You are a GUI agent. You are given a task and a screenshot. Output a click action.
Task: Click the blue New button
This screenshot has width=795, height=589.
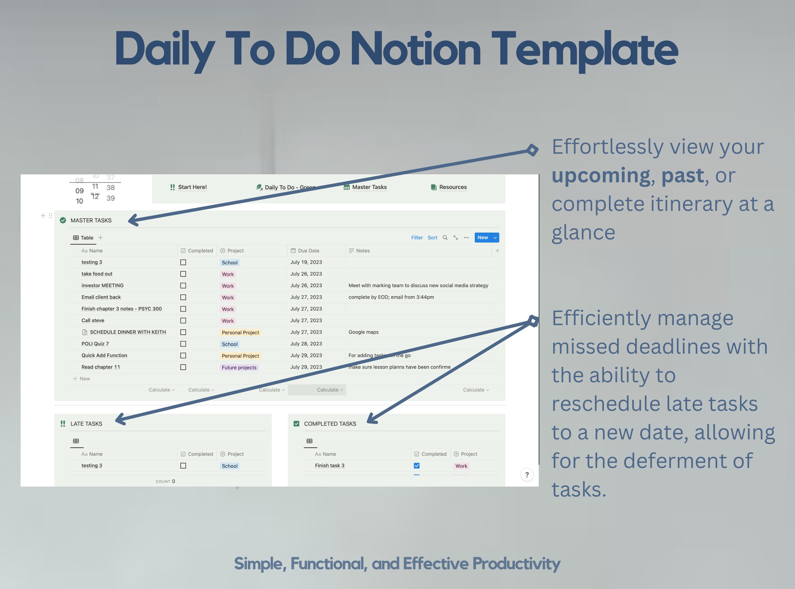482,237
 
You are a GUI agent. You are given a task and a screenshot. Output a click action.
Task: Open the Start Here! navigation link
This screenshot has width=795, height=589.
192,187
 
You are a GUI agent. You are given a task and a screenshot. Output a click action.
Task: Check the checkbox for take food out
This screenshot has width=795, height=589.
183,274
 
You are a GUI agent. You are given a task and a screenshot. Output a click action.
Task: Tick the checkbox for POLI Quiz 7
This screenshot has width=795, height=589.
183,344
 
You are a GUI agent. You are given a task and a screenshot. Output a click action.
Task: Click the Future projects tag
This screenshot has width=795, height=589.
239,368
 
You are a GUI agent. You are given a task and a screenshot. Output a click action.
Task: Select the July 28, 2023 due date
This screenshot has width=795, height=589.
306,344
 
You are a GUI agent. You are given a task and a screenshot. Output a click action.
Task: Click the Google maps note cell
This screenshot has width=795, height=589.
363,332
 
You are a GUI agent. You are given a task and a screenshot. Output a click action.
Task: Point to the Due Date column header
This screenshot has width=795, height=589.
308,251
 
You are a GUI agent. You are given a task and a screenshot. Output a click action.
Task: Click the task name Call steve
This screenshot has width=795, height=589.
93,320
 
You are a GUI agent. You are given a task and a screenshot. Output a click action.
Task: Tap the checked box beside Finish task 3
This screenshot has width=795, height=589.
416,466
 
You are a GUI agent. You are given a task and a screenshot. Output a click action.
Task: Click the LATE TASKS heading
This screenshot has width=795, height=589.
86,424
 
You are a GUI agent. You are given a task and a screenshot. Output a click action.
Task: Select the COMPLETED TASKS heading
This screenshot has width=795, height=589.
330,424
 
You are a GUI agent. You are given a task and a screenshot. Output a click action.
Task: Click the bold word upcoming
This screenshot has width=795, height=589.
601,176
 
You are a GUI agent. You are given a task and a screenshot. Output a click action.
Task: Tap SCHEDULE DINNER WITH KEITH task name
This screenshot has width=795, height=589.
127,332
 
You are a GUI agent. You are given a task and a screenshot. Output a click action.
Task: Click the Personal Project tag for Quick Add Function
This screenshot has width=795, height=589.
240,356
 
